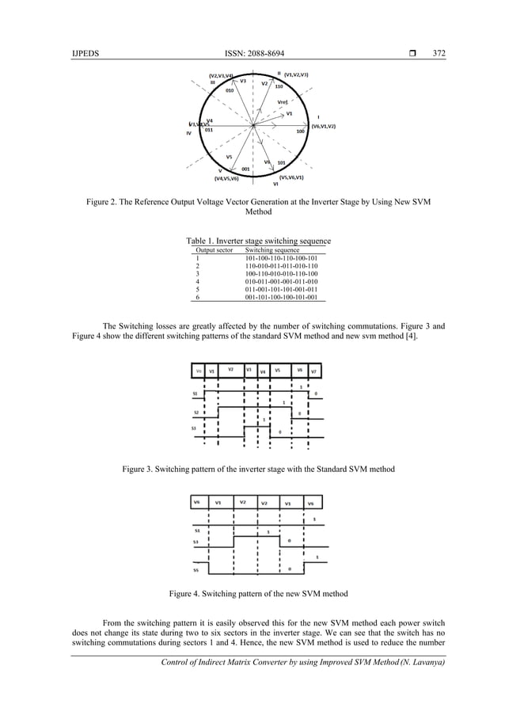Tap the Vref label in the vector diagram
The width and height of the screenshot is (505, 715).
(283, 102)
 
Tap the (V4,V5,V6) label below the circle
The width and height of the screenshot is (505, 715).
(221, 179)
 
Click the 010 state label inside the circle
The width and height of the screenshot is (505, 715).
(230, 90)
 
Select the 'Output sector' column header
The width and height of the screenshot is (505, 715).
(214, 249)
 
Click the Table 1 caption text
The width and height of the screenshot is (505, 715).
(258, 241)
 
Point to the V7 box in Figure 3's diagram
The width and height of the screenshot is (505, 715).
(314, 371)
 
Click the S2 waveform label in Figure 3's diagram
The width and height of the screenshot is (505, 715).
(196, 412)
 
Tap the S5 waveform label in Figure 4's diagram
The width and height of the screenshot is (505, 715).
(196, 569)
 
